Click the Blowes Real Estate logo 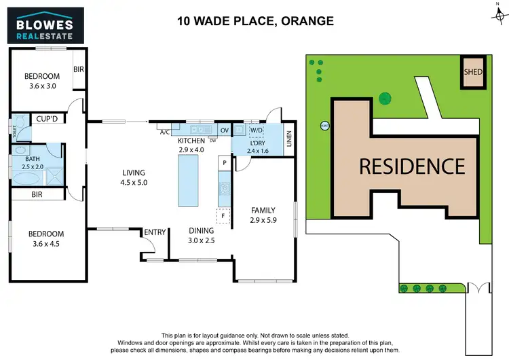pyautogui.click(x=45, y=24)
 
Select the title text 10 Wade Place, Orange pyautogui.click(x=255, y=21)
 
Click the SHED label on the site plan pyautogui.click(x=473, y=71)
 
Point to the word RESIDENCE pyautogui.click(x=412, y=166)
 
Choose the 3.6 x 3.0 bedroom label pyautogui.click(x=41, y=81)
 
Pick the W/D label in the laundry pyautogui.click(x=257, y=129)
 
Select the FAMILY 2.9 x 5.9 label pyautogui.click(x=263, y=215)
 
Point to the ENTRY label pyautogui.click(x=155, y=233)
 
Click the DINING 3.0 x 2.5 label pyautogui.click(x=202, y=236)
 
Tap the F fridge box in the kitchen pyautogui.click(x=222, y=217)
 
